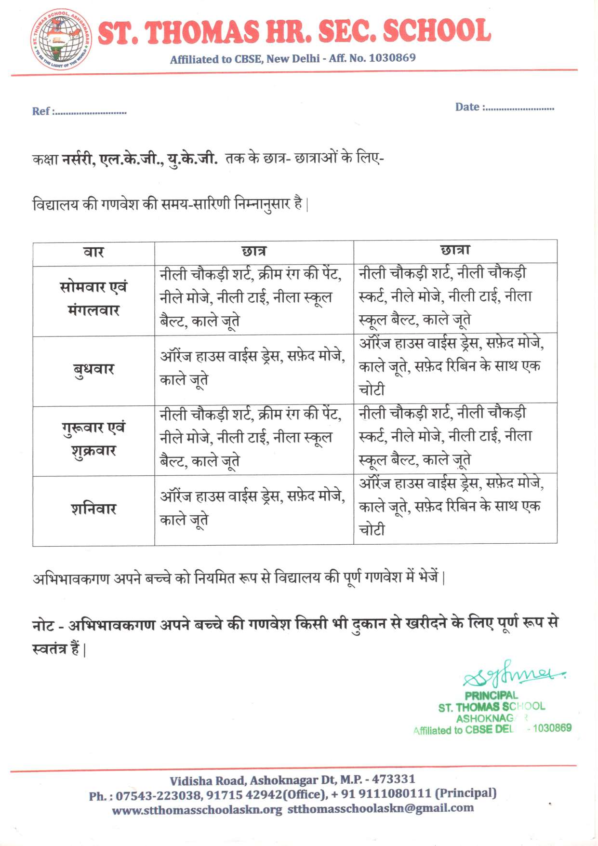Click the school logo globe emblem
(x=60, y=40)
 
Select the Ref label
(x=41, y=111)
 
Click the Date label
(x=467, y=107)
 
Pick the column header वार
(x=93, y=252)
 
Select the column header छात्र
(x=253, y=251)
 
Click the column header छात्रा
(x=455, y=250)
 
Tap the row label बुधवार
(x=93, y=369)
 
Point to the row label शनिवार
(x=93, y=509)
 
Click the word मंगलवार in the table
(x=93, y=310)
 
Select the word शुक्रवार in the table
(x=93, y=451)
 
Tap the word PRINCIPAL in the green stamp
(x=491, y=696)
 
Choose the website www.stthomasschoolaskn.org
(x=197, y=810)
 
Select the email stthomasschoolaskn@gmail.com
(x=381, y=808)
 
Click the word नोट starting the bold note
(x=43, y=625)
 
